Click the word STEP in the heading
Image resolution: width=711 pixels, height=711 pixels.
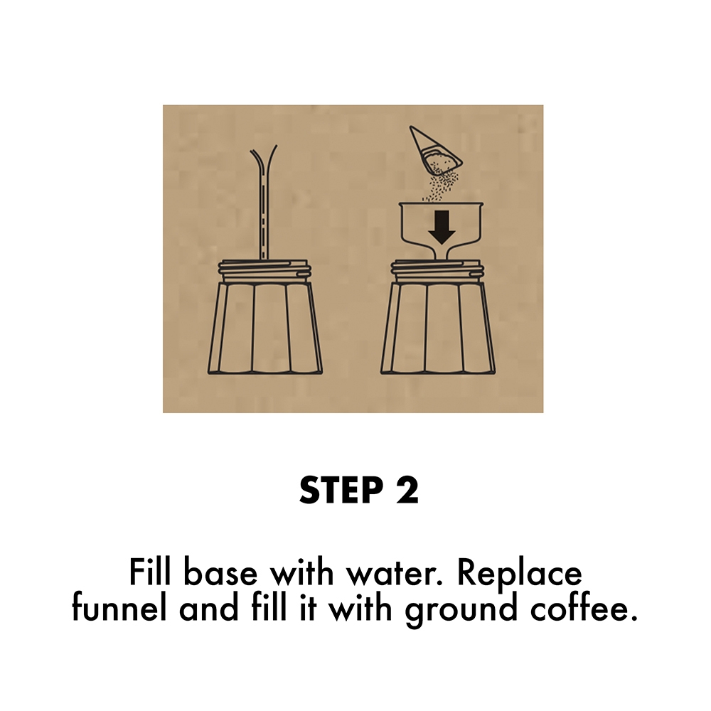(x=340, y=491)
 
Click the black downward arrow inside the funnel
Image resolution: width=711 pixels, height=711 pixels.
(x=443, y=227)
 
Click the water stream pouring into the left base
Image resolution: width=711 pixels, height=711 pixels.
(x=264, y=206)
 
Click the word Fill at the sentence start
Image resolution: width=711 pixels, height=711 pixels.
(x=151, y=573)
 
